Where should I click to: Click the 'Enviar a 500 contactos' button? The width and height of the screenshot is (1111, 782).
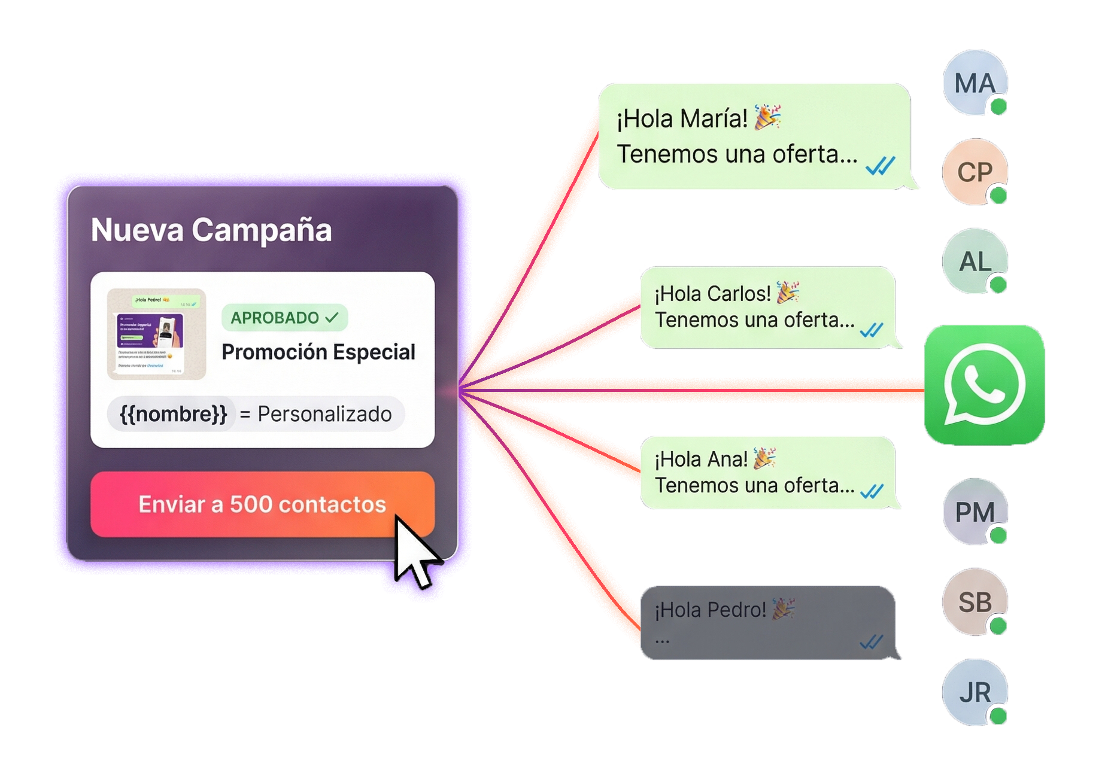262,504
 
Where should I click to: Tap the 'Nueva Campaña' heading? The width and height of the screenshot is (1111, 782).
211,230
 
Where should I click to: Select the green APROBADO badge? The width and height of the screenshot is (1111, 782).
284,317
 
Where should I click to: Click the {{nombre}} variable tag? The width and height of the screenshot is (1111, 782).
173,414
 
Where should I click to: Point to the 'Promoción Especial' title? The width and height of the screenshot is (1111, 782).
318,352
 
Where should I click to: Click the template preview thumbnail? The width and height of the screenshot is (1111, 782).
156,334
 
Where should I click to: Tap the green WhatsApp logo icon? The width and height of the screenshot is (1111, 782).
984,385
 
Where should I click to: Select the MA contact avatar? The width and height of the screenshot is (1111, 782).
974,83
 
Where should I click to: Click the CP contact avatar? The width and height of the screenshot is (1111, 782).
974,172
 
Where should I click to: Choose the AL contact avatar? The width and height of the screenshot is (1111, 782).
974,261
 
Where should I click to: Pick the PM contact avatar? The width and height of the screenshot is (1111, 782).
974,512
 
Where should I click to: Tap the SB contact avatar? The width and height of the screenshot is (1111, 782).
974,602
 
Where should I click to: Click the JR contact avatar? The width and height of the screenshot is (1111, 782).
974,692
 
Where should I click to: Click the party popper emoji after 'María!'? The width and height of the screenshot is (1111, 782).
767,117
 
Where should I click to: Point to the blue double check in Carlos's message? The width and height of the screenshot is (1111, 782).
872,330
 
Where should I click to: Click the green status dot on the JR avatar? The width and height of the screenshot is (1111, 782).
998,716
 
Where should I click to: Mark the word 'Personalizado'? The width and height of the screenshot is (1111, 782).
324,414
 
